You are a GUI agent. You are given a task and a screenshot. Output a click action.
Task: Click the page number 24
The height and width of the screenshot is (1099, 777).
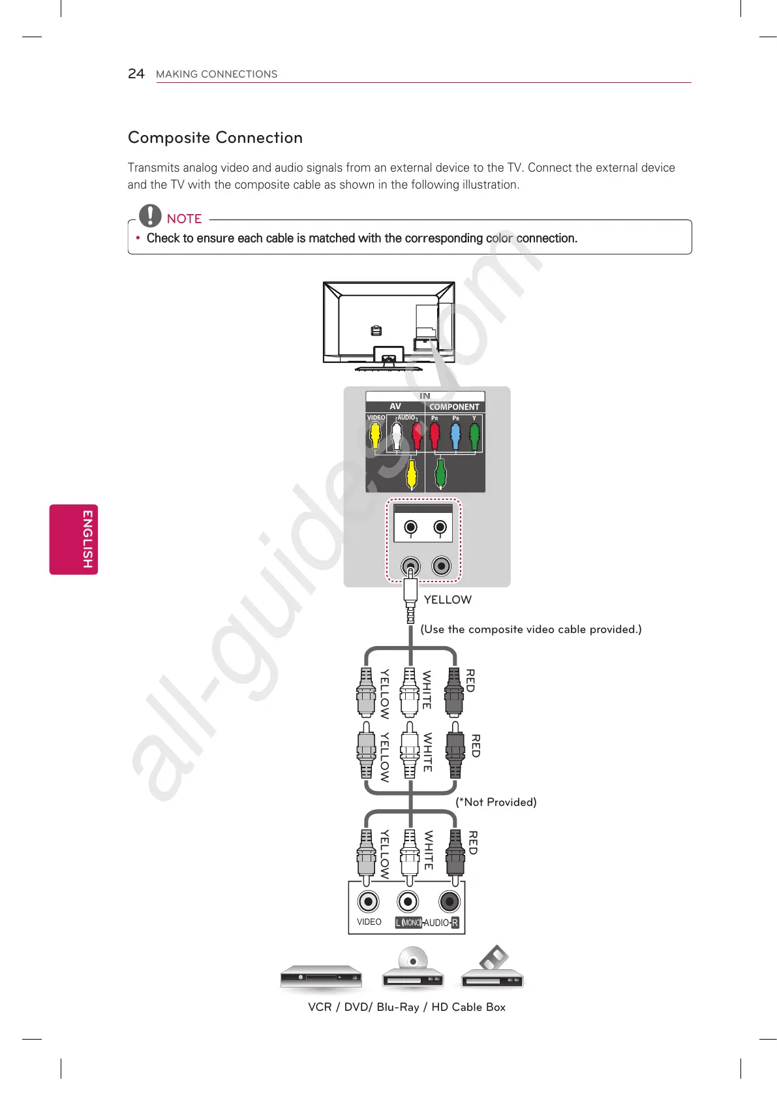coord(136,74)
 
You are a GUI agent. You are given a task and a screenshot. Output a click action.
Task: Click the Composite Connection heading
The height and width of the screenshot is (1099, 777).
coord(215,138)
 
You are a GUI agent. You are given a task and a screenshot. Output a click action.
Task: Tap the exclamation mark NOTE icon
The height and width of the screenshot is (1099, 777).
coord(150,215)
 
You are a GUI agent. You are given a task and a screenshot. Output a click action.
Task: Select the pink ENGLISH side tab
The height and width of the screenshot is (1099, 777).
coord(74,539)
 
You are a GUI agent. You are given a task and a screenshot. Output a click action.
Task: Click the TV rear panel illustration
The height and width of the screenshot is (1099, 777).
coord(389,325)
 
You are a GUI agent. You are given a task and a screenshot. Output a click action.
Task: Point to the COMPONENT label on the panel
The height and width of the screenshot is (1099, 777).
coord(454,407)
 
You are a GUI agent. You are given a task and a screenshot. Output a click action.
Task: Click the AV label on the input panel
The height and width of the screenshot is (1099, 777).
coord(395,406)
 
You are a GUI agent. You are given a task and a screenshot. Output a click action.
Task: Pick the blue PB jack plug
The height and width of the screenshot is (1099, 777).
coord(455,436)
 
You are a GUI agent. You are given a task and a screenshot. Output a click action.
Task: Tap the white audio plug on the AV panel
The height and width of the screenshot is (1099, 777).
coord(397,436)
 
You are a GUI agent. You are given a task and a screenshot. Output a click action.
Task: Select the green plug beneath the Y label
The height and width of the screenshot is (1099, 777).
coord(474,436)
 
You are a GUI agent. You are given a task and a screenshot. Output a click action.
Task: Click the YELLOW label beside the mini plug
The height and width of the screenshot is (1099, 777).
coord(448,600)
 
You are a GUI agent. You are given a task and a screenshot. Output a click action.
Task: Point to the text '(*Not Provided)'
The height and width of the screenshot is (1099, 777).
coord(496,802)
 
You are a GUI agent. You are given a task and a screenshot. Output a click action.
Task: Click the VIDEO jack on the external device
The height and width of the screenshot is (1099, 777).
coord(369,902)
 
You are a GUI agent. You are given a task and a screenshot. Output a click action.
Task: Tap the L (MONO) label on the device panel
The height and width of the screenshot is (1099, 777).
coord(408,923)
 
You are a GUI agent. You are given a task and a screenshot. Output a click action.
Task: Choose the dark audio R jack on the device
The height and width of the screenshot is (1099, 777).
coord(449,902)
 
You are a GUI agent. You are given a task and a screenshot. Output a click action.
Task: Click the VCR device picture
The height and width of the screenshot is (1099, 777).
coord(321,977)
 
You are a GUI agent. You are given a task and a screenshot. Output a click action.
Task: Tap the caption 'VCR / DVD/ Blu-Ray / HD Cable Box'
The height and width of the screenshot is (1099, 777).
coord(406,1007)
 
